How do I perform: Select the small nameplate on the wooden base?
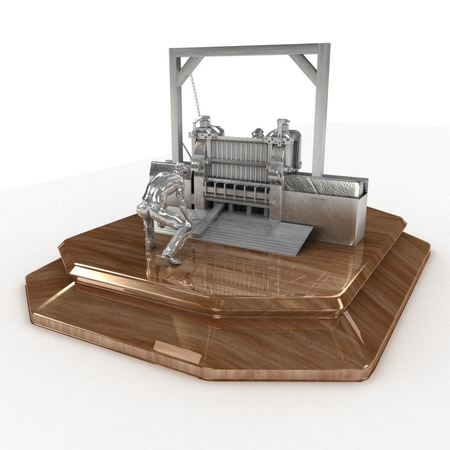coord(177,351)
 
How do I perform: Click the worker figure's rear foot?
coord(149,245)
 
